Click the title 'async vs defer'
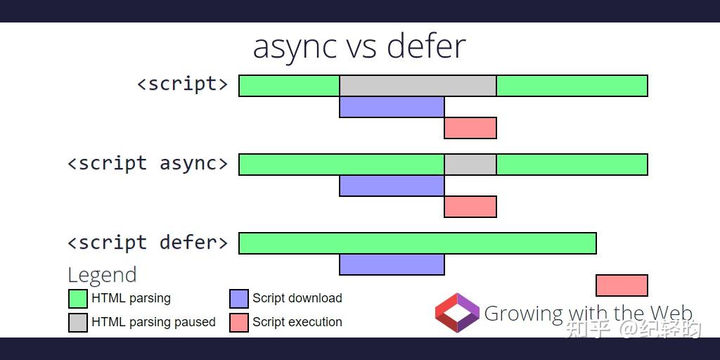(359, 47)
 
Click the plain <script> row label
(182, 84)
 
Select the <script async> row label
(148, 163)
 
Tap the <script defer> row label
(148, 243)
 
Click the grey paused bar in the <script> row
(418, 86)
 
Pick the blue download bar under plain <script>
(392, 107)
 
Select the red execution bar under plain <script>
(470, 128)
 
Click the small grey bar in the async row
(470, 165)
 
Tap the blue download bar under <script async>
(392, 186)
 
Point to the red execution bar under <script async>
(470, 207)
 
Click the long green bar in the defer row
(418, 243)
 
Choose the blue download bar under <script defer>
(392, 264)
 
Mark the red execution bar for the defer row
(622, 285)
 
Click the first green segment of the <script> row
(289, 86)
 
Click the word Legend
(102, 275)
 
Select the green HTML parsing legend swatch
(78, 299)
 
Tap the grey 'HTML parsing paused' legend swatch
(78, 323)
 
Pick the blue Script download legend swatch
(239, 299)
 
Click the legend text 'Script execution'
(297, 322)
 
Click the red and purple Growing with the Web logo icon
(457, 313)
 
